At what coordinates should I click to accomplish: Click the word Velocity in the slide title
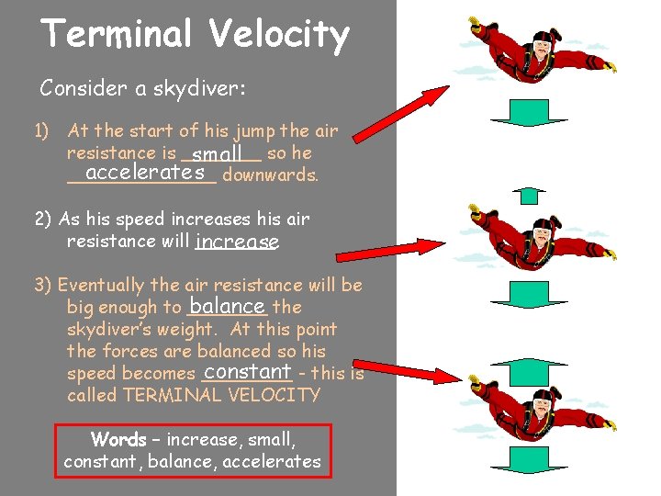279,35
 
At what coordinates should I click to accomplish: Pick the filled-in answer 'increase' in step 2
236,242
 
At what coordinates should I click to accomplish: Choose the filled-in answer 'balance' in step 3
226,305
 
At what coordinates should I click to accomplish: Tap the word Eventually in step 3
104,286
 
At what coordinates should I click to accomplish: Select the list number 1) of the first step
42,131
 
